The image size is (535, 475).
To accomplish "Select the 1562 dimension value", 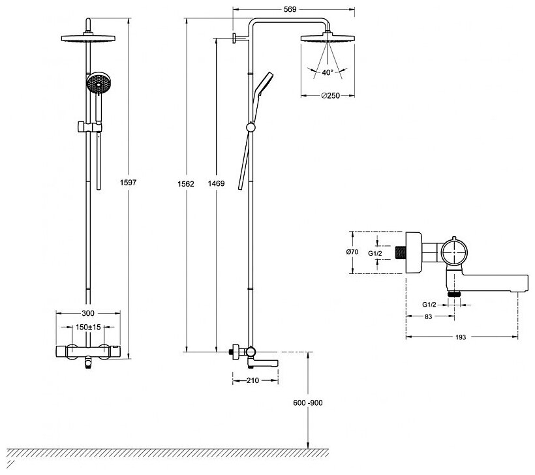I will [x=187, y=184].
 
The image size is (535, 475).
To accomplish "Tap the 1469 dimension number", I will [x=217, y=184].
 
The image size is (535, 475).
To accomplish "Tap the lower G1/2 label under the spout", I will [x=428, y=304].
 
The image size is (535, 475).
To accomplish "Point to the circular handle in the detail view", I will [x=454, y=251].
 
